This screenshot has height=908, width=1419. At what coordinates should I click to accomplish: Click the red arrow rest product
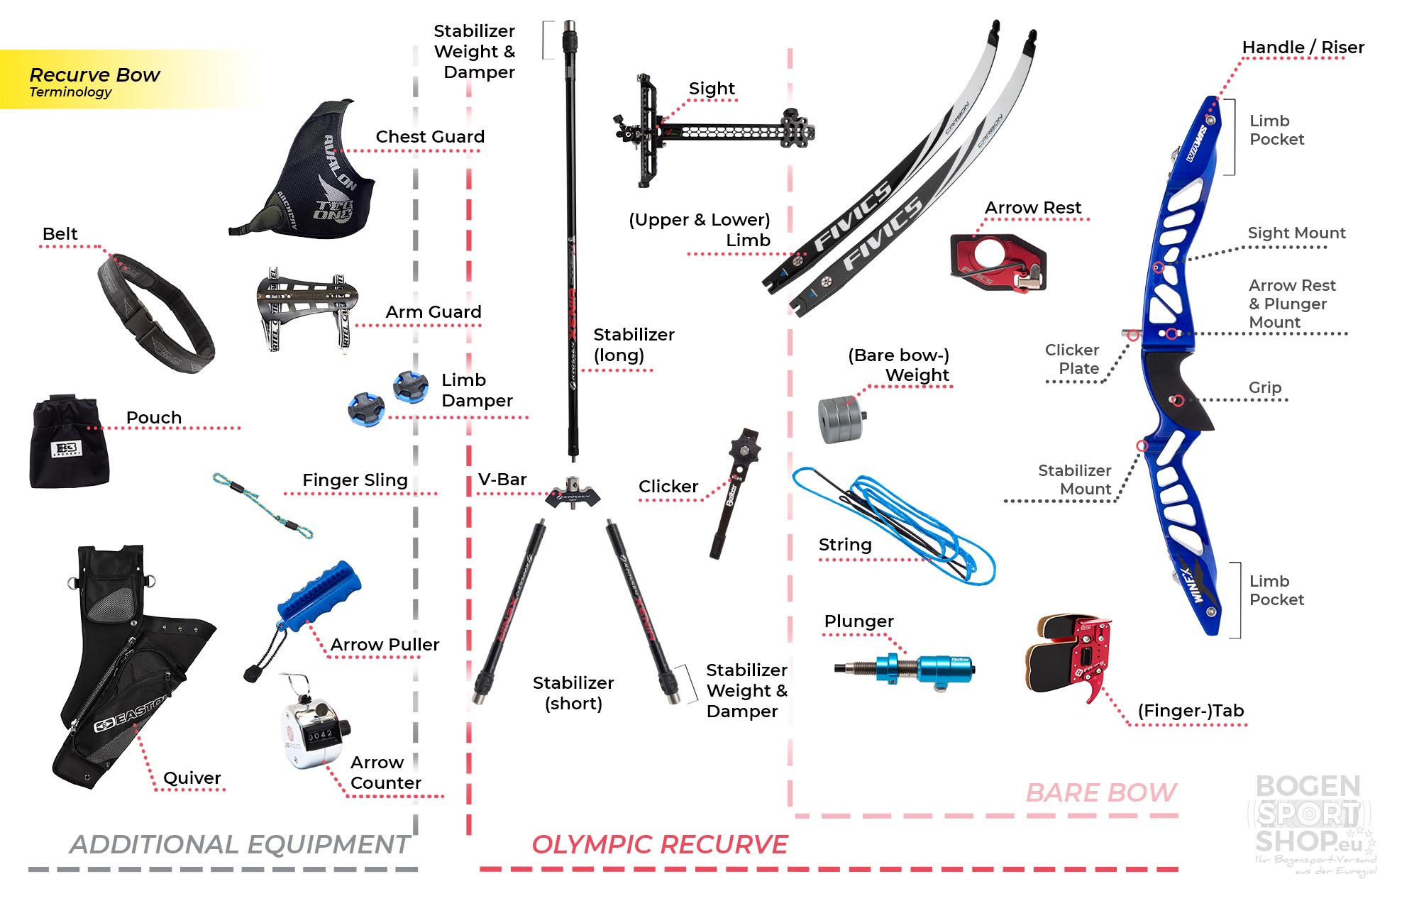coord(997,262)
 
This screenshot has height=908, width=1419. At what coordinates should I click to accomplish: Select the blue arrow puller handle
coord(319,597)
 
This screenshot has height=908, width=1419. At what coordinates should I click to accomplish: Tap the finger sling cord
coord(261,504)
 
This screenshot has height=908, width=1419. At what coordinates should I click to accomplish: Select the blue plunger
coord(915,668)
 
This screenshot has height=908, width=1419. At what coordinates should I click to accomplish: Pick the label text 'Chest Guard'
coord(430,136)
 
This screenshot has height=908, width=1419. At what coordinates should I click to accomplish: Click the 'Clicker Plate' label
coord(1072,359)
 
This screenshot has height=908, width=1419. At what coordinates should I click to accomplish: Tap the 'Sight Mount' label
coord(1296,233)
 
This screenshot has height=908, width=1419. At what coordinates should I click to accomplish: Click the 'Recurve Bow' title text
coord(94,74)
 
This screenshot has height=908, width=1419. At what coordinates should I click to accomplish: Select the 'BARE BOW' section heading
coord(1100,792)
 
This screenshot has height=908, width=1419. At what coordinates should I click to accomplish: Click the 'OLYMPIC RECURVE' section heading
coord(660,844)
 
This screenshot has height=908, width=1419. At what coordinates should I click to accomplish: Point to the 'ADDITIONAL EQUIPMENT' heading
coord(239,844)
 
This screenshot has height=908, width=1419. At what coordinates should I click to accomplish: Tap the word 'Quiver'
coord(192,777)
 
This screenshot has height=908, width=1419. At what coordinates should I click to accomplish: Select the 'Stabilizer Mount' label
coord(1074,480)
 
